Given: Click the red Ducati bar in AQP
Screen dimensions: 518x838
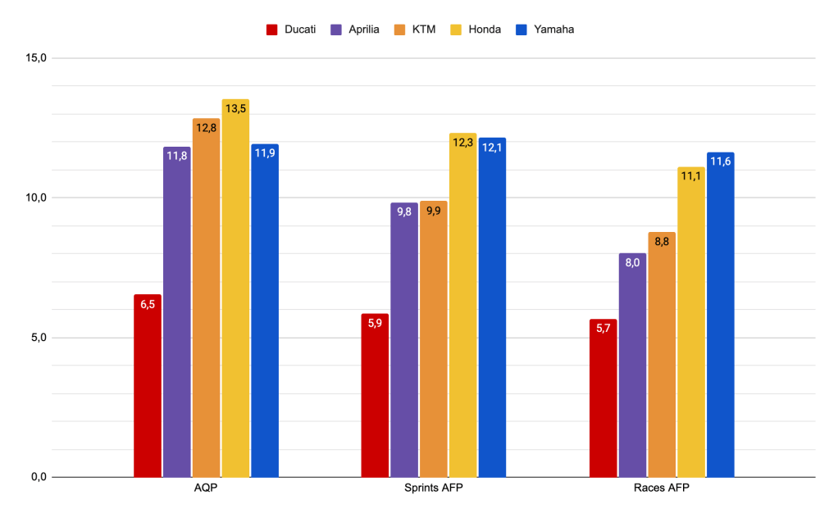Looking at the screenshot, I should (x=148, y=385).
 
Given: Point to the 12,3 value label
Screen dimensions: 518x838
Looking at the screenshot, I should (x=463, y=143).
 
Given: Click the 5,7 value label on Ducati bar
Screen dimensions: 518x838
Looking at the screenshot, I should (x=603, y=329).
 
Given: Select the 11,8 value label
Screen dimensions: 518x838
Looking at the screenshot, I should (x=177, y=156).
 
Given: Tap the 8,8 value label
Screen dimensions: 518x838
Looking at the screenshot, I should (x=662, y=242).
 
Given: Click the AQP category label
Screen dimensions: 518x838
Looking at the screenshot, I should (x=206, y=489).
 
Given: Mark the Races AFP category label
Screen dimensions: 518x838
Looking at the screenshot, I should (x=662, y=489).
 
